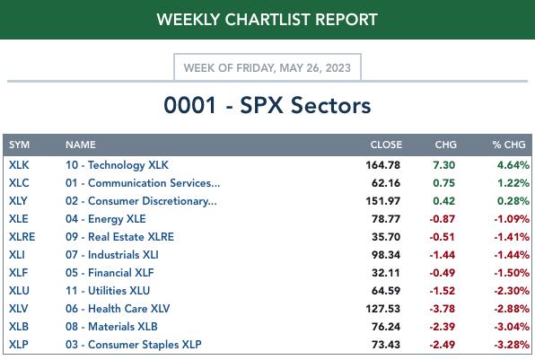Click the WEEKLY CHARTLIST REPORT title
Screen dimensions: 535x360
pyautogui.click(x=267, y=20)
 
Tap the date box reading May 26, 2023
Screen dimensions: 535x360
pyautogui.click(x=267, y=67)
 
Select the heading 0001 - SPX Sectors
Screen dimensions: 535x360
pyautogui.click(x=267, y=105)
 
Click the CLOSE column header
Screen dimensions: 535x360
pyautogui.click(x=386, y=145)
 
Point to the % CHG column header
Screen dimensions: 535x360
pyautogui.click(x=509, y=145)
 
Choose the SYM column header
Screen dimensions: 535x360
pyautogui.click(x=19, y=145)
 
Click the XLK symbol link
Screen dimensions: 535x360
pyautogui.click(x=19, y=165)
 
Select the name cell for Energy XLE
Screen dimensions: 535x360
pyautogui.click(x=106, y=219)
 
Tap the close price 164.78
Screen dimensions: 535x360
pyautogui.click(x=382, y=165)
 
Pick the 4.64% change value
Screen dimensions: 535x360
pyautogui.click(x=513, y=165)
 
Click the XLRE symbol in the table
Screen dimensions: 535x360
pyautogui.click(x=22, y=237)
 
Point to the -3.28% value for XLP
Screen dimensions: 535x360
pyautogui.click(x=512, y=345)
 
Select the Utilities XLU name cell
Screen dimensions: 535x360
pyautogui.click(x=108, y=291)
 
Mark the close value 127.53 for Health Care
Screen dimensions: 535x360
pyautogui.click(x=382, y=309)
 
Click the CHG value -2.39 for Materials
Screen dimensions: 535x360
pyautogui.click(x=443, y=327)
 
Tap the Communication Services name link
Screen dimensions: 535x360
pyautogui.click(x=143, y=183)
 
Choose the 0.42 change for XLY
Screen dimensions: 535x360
pyautogui.click(x=444, y=201)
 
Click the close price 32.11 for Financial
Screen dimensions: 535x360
pyautogui.click(x=386, y=273)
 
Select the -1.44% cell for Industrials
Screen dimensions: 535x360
pyautogui.click(x=512, y=255)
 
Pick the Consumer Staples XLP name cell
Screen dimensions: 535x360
pyautogui.click(x=134, y=345)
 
